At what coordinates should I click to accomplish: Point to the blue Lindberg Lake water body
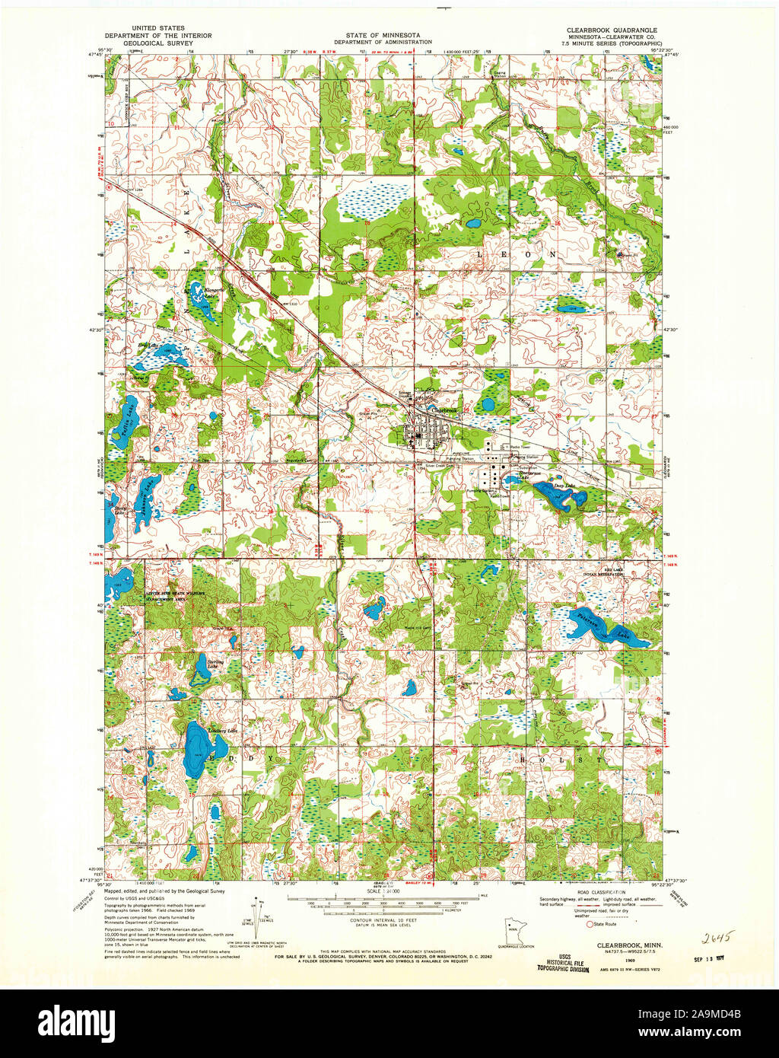coord(196,750)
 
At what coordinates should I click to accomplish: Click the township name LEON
coord(517,253)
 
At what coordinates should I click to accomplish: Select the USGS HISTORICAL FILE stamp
coord(563,965)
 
